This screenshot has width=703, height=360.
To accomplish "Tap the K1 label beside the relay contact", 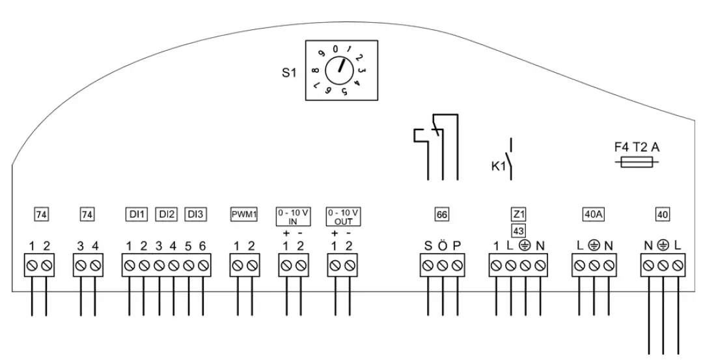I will click(498, 167).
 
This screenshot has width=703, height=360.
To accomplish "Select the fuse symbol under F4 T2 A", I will click(637, 165).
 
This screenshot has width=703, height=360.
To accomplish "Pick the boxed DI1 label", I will click(137, 213).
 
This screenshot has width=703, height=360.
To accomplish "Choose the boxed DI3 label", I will click(195, 213).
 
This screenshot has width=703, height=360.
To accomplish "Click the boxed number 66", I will click(442, 213).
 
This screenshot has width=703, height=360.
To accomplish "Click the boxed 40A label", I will click(592, 213).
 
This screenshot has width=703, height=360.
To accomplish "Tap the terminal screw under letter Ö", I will click(443, 265).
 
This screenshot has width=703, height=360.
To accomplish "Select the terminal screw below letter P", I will click(458, 265).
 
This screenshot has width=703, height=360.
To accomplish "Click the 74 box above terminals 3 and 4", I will click(87, 213).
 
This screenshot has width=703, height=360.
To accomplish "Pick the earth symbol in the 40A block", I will click(594, 245).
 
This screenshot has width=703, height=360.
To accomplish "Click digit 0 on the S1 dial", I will click(335, 49).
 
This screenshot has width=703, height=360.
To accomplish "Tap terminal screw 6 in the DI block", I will click(204, 265).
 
